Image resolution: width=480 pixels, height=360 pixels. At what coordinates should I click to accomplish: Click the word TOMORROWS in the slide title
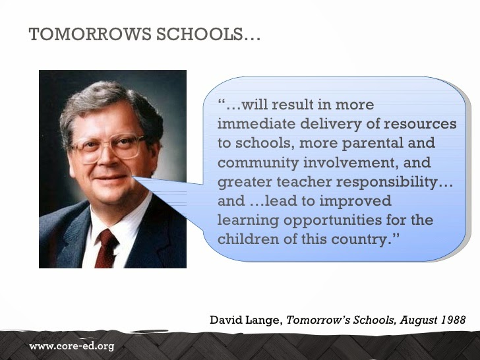pyautogui.click(x=90, y=34)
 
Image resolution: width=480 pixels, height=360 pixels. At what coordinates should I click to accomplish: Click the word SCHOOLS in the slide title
pyautogui.click(x=200, y=34)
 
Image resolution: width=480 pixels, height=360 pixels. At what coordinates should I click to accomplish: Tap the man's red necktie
pyautogui.click(x=105, y=249)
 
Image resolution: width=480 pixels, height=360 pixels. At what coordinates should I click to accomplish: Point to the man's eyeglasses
pyautogui.click(x=109, y=148)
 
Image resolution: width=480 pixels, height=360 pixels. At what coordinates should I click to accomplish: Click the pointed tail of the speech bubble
pyautogui.click(x=134, y=177)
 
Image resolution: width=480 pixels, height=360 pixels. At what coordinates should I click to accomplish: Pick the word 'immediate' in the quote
pyautogui.click(x=256, y=124)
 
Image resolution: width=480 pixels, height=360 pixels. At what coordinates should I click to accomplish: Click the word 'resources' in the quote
pyautogui.click(x=420, y=125)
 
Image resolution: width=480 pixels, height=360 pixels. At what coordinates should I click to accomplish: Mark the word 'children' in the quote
pyautogui.click(x=249, y=239)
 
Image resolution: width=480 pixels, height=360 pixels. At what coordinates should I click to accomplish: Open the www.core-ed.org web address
pyautogui.click(x=72, y=346)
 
